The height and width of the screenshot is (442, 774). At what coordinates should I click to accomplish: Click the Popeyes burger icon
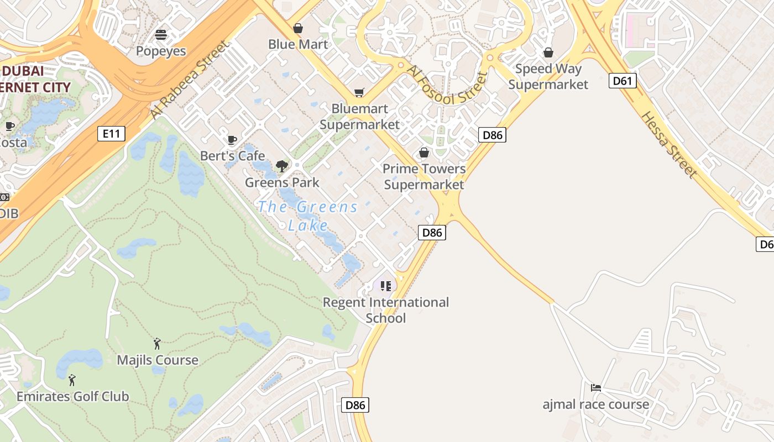161,35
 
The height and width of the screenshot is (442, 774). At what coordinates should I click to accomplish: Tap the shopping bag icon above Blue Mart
298,28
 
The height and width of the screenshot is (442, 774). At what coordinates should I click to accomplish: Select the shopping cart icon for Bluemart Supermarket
359,92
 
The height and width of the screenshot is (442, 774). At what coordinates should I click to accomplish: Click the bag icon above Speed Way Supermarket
548,52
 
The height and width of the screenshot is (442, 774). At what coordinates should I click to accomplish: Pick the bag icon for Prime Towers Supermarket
424,152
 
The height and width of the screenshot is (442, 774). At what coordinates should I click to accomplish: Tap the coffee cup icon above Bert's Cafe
232,140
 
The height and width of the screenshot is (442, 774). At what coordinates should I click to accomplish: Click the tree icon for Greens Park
282,166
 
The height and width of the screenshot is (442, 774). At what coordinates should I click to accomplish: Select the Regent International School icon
386,286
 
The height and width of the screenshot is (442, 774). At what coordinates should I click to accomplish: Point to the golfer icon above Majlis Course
157,344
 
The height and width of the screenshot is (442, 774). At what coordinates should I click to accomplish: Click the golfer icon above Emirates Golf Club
72,380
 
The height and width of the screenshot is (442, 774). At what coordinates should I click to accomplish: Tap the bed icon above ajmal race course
595,388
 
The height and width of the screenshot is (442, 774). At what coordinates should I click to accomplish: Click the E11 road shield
111,133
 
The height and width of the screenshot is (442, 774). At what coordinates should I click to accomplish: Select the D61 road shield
623,81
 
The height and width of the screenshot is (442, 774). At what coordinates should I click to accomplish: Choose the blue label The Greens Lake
308,215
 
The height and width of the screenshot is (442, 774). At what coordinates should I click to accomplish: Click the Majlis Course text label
158,360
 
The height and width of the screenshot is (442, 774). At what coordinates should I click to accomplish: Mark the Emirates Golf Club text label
72,396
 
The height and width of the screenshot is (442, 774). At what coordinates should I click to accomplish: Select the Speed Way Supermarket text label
548,77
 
